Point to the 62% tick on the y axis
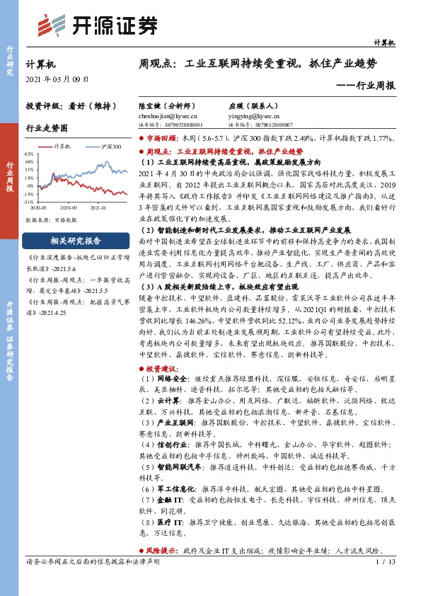[x=30, y=154]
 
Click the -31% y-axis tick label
[x=29, y=202]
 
